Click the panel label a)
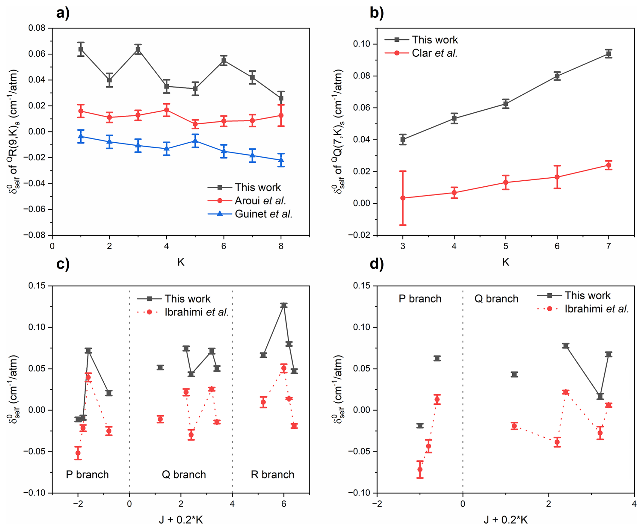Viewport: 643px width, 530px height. coord(63,13)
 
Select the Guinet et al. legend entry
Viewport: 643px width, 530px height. coord(263,214)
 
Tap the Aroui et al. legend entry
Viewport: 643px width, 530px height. coord(260,201)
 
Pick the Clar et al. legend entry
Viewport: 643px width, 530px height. coord(434,53)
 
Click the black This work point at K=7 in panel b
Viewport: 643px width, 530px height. coord(608,54)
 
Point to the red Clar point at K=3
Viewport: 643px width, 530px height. coord(403,198)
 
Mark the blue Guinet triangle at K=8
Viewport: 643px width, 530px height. coord(281,160)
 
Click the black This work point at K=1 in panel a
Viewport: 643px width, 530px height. coord(81,49)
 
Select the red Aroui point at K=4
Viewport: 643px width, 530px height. coord(167,110)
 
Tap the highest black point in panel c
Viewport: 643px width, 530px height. coord(284,305)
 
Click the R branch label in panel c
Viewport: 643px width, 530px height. coord(272,474)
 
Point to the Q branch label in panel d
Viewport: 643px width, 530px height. coord(496,299)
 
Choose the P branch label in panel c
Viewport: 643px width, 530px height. coord(87,474)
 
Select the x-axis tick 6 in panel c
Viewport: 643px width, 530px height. coord(284,504)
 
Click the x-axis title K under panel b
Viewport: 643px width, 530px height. coord(505,262)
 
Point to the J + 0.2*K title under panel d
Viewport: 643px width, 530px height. coord(505,520)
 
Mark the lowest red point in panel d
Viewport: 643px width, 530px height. coord(420,470)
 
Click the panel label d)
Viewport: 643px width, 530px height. coord(377,264)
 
